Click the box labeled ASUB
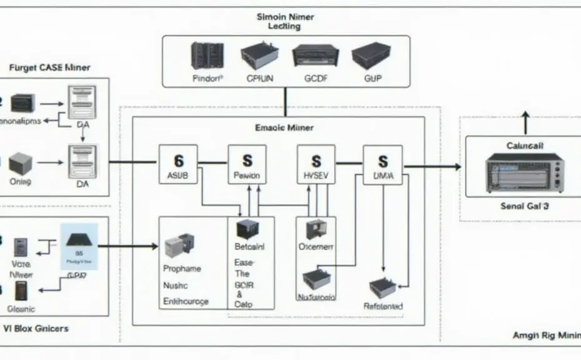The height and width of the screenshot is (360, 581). click(x=178, y=165)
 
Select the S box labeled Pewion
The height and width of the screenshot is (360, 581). click(x=247, y=165)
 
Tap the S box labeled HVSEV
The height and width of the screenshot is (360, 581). click(x=316, y=165)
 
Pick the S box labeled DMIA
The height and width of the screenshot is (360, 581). click(x=383, y=166)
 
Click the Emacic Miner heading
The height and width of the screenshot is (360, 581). click(x=284, y=127)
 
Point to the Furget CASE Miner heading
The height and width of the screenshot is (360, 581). click(x=50, y=67)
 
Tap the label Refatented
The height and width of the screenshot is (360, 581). click(x=383, y=306)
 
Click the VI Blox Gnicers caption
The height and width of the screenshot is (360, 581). click(x=36, y=328)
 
